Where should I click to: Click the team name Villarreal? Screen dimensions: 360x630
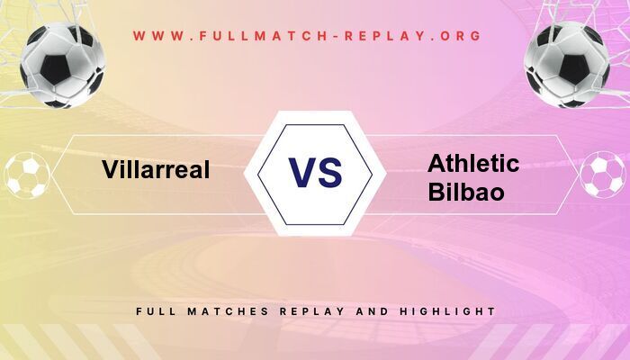click(155, 169)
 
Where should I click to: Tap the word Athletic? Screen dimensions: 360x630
click(473, 163)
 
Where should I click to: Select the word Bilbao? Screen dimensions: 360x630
click(466, 193)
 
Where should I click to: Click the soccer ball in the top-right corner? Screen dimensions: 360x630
click(567, 65)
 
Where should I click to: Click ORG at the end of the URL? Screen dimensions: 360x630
click(459, 36)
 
